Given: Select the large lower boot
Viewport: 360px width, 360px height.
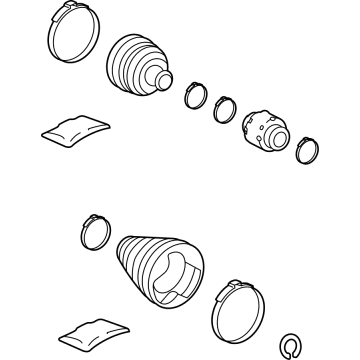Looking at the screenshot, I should [160, 268].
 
